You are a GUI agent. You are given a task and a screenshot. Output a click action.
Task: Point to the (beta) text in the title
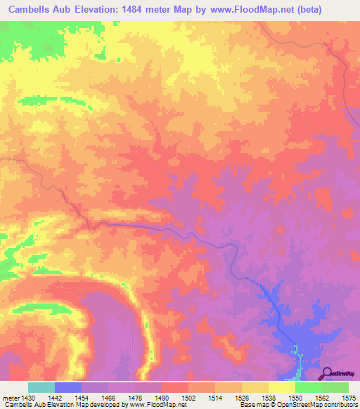(337, 10)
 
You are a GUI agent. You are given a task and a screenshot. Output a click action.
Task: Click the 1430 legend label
(29, 397)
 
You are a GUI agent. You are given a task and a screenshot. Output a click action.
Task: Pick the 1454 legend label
(82, 397)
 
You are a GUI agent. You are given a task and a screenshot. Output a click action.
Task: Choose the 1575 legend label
(349, 397)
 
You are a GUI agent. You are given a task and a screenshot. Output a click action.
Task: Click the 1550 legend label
(295, 397)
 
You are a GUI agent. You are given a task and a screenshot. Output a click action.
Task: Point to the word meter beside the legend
(10, 397)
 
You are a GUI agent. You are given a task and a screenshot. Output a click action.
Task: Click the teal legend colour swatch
(41, 387)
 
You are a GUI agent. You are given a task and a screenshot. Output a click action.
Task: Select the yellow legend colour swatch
(281, 387)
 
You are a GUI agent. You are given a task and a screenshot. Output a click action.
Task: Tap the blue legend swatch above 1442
(68, 387)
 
